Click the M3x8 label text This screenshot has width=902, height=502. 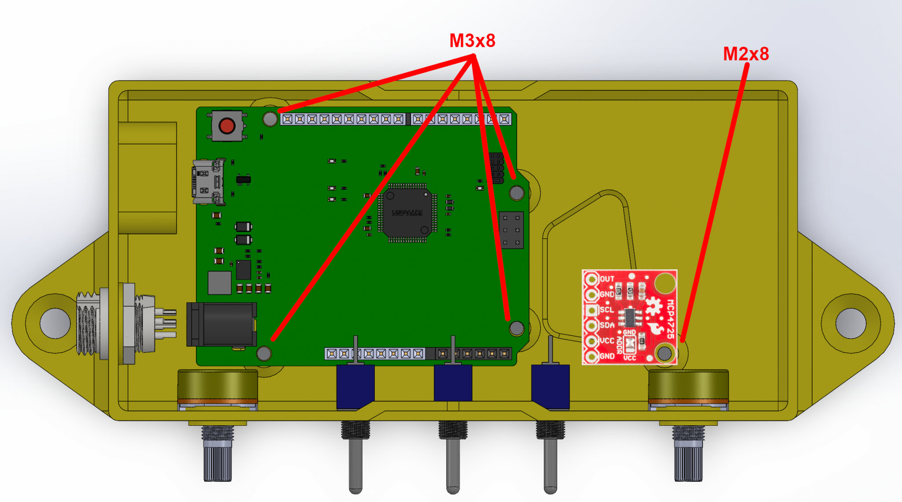click(472, 41)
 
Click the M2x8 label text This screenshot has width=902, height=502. click(746, 54)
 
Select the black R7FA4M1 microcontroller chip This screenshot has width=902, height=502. click(407, 212)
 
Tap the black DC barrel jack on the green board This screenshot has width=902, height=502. click(222, 324)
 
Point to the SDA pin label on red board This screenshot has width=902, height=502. click(607, 325)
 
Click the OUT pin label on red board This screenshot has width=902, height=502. click(607, 279)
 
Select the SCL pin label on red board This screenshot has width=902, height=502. click(607, 310)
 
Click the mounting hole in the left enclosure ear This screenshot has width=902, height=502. click(55, 323)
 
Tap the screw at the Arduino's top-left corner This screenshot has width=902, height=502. click(270, 119)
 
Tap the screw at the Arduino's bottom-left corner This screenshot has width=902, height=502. click(264, 353)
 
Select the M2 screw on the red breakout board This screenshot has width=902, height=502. click(664, 353)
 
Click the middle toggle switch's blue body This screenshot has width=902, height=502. click(453, 382)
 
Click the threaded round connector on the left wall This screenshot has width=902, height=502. click(88, 323)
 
